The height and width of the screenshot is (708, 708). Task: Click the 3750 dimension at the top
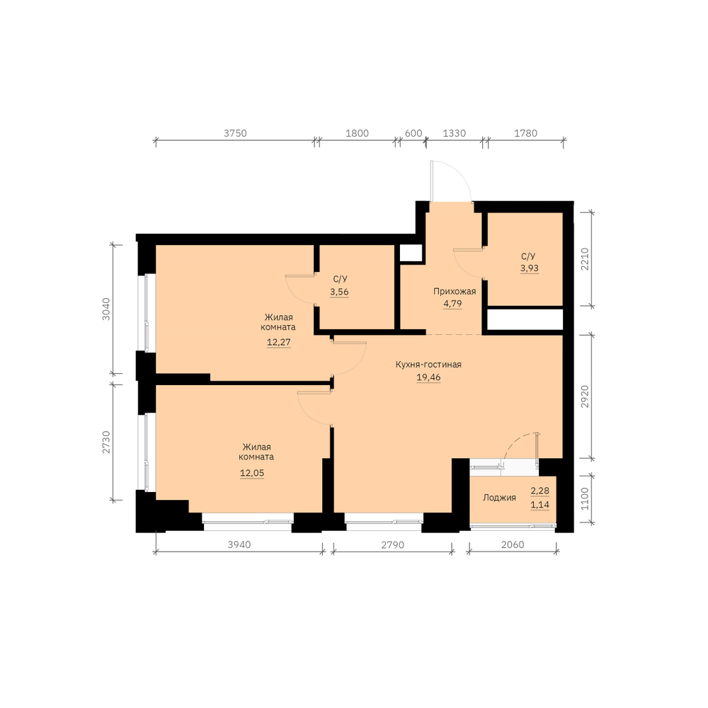pos(235,133)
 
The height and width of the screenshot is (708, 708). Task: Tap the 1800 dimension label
pos(357,133)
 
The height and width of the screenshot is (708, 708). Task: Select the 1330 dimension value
pos(455,133)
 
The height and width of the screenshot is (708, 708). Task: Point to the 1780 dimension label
pos(526,133)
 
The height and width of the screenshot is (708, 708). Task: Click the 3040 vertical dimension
pos(106,309)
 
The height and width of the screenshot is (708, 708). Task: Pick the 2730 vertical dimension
pos(106,442)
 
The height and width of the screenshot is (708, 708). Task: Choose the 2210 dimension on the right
pos(585,258)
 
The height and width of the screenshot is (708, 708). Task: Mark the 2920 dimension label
pos(585,396)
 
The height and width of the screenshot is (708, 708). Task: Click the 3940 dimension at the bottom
pos(239,544)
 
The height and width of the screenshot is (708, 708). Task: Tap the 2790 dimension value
pos(393,544)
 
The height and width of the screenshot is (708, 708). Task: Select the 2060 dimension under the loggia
pos(513,544)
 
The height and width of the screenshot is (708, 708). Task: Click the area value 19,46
pos(428,377)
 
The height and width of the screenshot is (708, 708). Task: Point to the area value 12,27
pos(278,342)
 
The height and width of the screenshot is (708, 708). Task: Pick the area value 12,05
pos(252,473)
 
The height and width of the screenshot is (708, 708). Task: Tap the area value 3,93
pos(529,268)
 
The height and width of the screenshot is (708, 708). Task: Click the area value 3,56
pos(339,292)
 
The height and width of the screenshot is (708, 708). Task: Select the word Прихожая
pos(455,291)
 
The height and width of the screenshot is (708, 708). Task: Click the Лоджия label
pos(499,498)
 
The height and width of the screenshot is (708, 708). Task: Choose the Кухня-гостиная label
pos(428,365)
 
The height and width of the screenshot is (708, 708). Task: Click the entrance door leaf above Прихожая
pos(432,181)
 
